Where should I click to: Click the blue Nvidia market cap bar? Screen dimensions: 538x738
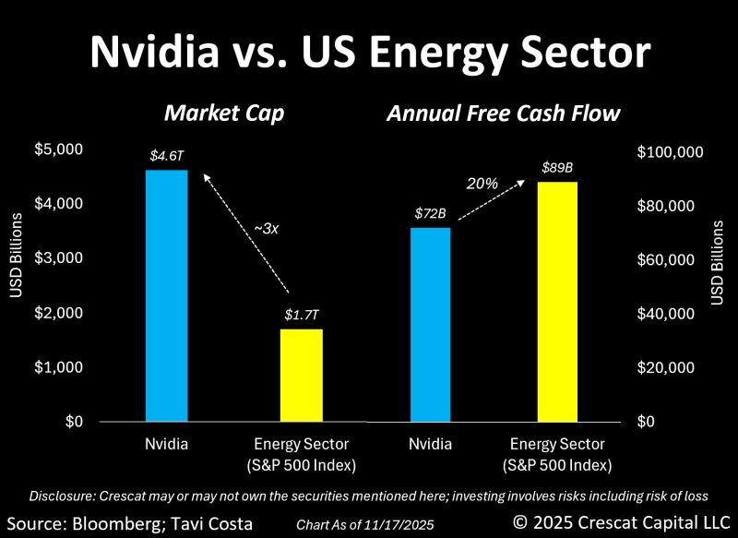coord(167,295)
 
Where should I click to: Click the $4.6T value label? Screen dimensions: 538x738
coord(167,157)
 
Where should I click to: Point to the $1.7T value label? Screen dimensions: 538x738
coord(302,315)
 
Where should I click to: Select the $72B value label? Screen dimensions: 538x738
coord(429,214)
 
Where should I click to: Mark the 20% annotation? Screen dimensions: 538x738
coord(482,184)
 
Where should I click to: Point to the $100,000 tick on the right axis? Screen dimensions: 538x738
coord(671,151)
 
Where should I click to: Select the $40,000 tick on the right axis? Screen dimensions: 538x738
coord(667,314)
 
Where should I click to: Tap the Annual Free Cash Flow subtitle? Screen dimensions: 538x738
coord(503,114)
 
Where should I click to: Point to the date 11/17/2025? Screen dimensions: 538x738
coord(403,525)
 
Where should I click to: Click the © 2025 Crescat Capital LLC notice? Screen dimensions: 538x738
coord(622,521)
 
